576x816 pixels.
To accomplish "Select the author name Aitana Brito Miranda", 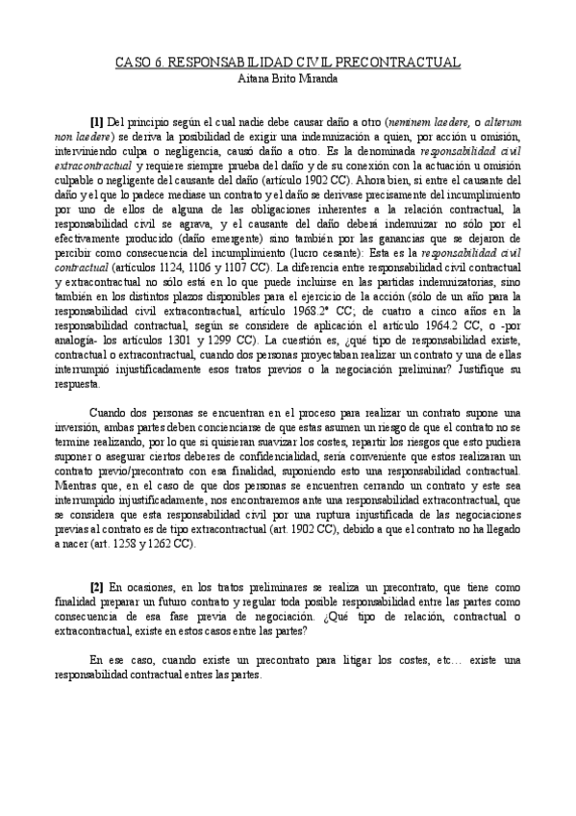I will pos(288,78).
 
